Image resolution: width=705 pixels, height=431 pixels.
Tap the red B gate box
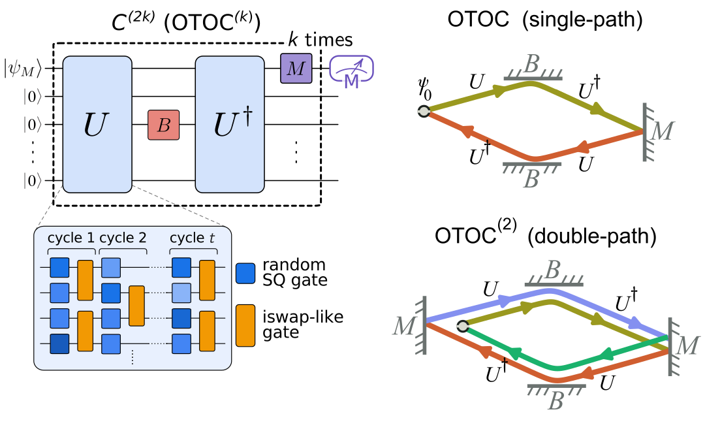tap(163, 125)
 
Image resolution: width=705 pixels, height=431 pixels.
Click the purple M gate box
tap(296, 68)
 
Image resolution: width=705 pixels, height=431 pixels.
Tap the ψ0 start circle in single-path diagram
tap(424, 111)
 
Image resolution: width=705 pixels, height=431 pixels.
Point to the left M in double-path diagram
tap(403, 325)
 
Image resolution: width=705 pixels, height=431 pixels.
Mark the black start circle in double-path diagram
tap(462, 327)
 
